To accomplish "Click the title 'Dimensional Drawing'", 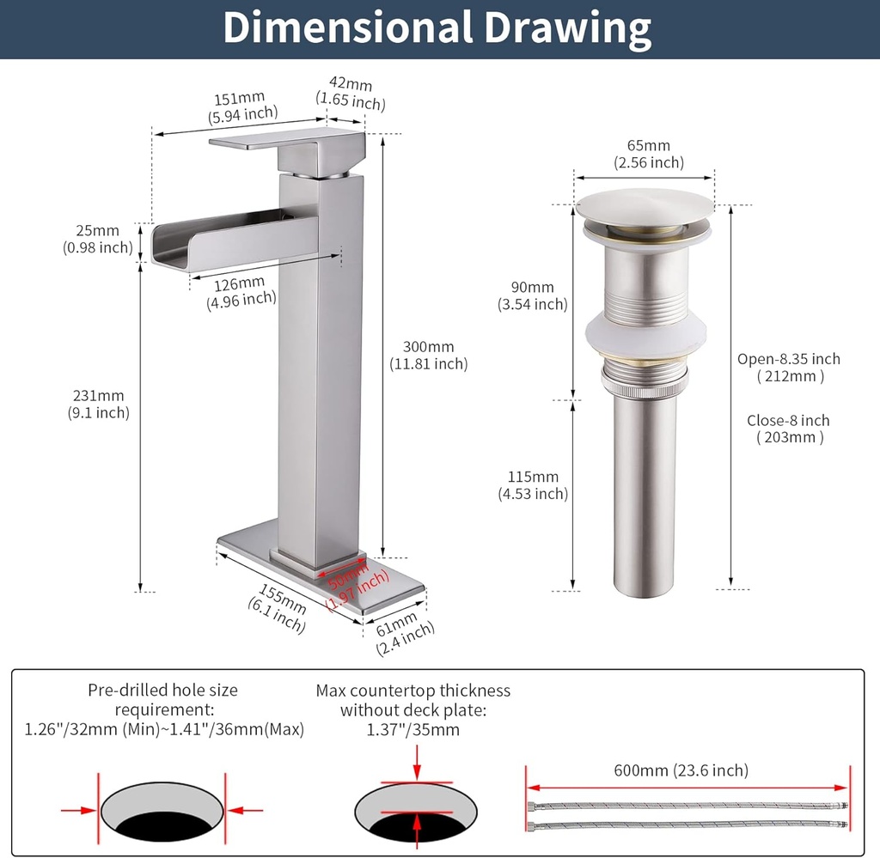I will pos(437,28).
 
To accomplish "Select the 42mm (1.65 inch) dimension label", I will pos(350,93).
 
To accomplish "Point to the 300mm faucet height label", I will pos(428,355).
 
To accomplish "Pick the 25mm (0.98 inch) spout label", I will pos(98,239).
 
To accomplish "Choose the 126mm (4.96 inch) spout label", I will pos(241,290).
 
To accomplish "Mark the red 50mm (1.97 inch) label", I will pos(351,583).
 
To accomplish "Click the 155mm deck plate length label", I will pos(279,607).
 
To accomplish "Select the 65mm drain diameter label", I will pos(648,154).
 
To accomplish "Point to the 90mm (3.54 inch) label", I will pos(532,295).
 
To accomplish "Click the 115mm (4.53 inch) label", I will pos(533,484).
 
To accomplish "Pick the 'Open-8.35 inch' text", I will pos(789,359).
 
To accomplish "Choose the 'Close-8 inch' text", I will pos(788,421).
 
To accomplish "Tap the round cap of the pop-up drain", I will pos(645,206).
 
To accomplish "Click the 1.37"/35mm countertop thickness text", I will pos(412,730).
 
